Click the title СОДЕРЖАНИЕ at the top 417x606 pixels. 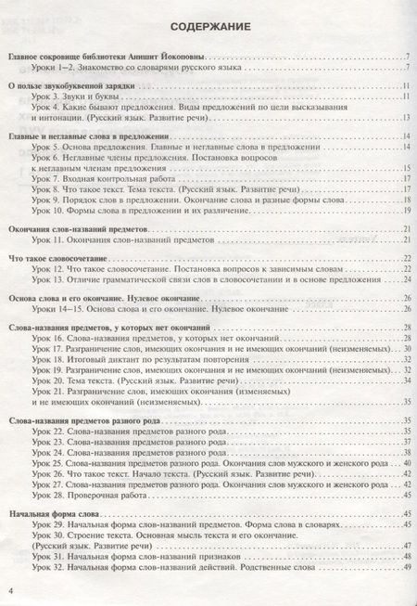click(x=208, y=27)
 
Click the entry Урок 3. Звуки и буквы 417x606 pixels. click(x=78, y=96)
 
